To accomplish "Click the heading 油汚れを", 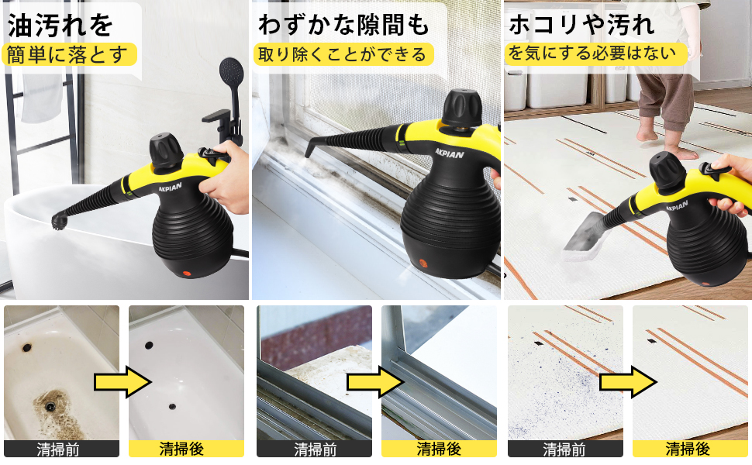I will (60, 25).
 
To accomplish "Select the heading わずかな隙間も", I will (343, 25).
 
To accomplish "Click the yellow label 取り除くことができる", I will (343, 54).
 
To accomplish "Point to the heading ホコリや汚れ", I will (581, 25).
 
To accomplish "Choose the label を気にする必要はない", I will (597, 54).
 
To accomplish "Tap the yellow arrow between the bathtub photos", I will (122, 381).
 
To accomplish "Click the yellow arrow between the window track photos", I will (375, 381).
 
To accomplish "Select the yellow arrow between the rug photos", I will (626, 381).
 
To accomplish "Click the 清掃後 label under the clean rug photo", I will (688, 449).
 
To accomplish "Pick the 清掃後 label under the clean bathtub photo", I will (186, 449).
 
